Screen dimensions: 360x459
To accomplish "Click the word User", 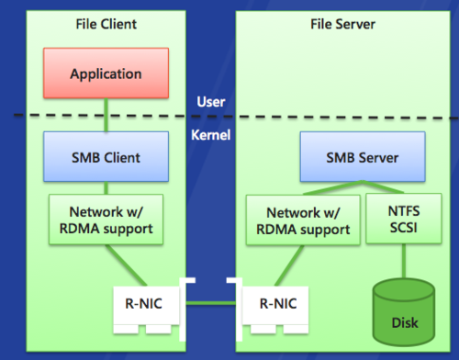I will [x=212, y=102].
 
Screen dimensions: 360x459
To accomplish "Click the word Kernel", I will [x=212, y=136].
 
